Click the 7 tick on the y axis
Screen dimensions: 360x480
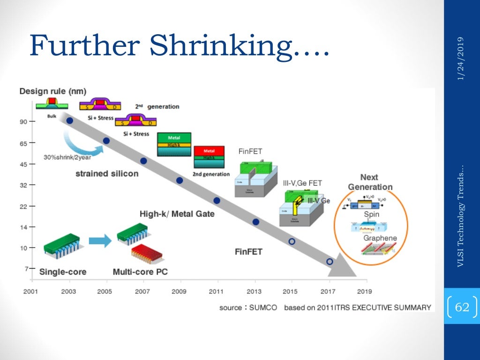[26, 268]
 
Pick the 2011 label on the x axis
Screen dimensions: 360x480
[217, 291]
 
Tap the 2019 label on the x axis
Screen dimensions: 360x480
[364, 291]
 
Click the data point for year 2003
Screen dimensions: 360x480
[70, 120]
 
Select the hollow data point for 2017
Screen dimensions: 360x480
[330, 262]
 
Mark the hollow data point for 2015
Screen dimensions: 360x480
[292, 241]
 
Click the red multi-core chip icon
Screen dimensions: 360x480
[147, 253]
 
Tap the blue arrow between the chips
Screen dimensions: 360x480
[100, 241]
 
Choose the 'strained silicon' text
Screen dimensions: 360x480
[107, 173]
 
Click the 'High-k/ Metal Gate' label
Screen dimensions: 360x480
[177, 214]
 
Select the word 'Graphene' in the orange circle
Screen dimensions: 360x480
[380, 238]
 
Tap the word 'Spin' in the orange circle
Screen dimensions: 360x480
[372, 214]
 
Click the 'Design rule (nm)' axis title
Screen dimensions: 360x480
[52, 91]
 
